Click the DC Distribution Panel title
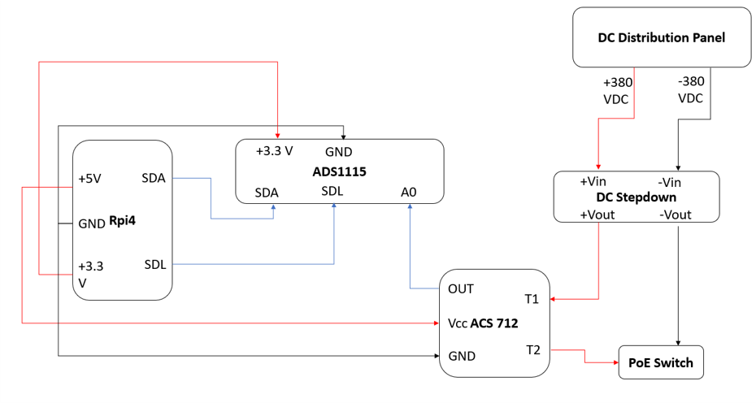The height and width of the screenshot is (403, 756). pos(661,37)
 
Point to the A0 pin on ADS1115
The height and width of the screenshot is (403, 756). pos(409,193)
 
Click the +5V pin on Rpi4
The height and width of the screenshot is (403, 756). pos(89,179)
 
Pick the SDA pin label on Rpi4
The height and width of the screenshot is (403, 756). pos(154,178)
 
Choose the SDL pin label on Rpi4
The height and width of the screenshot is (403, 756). pos(155,264)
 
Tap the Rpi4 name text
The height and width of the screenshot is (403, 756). pos(120,223)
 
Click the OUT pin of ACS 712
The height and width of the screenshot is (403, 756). pos(461,288)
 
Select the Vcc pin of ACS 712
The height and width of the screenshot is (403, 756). pos(457,323)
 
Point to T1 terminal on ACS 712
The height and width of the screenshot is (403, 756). pos(532,299)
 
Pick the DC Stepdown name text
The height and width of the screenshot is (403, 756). pos(637,197)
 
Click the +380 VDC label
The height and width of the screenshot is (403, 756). pos(618,89)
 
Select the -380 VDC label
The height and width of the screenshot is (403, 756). pos(692,89)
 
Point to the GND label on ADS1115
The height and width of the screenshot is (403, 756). pos(338,152)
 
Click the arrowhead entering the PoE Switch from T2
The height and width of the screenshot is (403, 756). pos(614,362)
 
